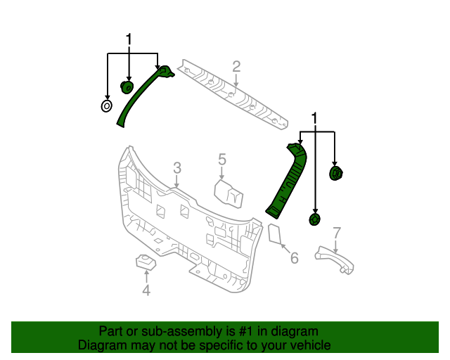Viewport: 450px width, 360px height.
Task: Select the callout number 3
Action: pos(177,167)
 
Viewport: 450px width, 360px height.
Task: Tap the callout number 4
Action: pos(146,290)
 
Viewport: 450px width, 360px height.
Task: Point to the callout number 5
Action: pos(221,160)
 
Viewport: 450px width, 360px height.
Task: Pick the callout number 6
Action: pos(294,258)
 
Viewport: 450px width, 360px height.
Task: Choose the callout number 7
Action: pos(337,233)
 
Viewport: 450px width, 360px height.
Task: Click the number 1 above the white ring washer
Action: pos(129,39)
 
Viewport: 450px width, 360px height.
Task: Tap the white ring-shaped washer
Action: pos(106,106)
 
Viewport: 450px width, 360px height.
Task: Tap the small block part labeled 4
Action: pos(145,262)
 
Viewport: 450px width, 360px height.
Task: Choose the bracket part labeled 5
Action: pos(229,192)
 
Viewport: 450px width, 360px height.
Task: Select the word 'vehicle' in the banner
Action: pos(309,345)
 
